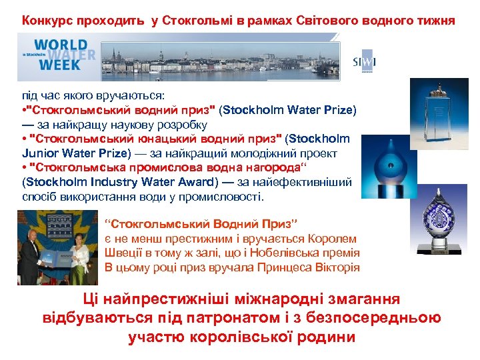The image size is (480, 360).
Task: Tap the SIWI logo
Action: pos(363,62)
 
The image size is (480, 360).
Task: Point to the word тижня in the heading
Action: pos(436,20)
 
